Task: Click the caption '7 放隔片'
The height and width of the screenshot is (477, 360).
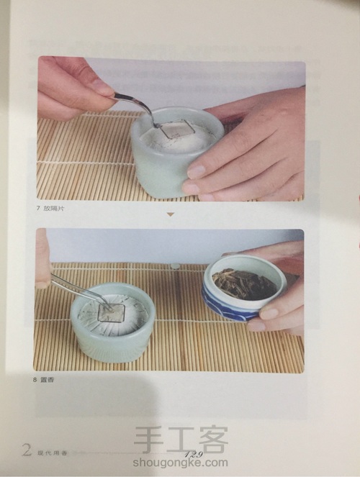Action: click(54, 207)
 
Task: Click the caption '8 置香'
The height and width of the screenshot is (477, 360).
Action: click(50, 380)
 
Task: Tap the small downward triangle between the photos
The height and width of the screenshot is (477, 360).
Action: click(171, 214)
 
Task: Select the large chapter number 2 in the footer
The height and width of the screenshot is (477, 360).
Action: click(27, 452)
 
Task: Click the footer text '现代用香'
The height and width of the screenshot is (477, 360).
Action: click(50, 453)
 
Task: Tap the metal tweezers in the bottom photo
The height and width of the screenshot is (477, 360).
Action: click(76, 290)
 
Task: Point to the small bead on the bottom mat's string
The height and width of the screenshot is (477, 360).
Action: click(174, 266)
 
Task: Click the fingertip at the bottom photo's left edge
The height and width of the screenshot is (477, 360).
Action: click(42, 259)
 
